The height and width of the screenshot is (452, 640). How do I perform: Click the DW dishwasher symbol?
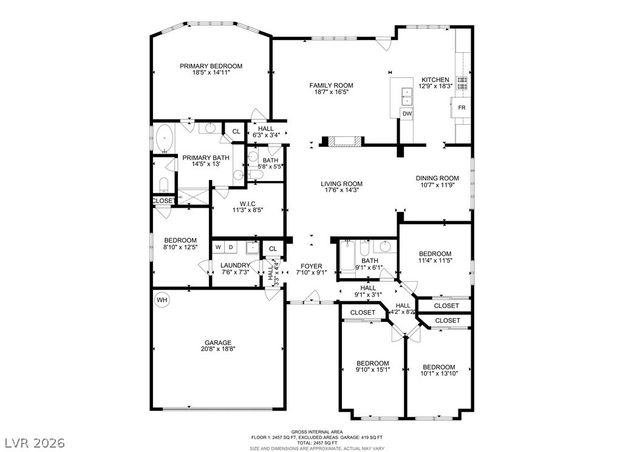[407, 115]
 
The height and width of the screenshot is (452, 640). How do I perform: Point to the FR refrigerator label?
[461, 107]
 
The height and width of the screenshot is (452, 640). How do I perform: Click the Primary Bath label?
[200, 160]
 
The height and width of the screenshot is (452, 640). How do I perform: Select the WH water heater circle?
[161, 298]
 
